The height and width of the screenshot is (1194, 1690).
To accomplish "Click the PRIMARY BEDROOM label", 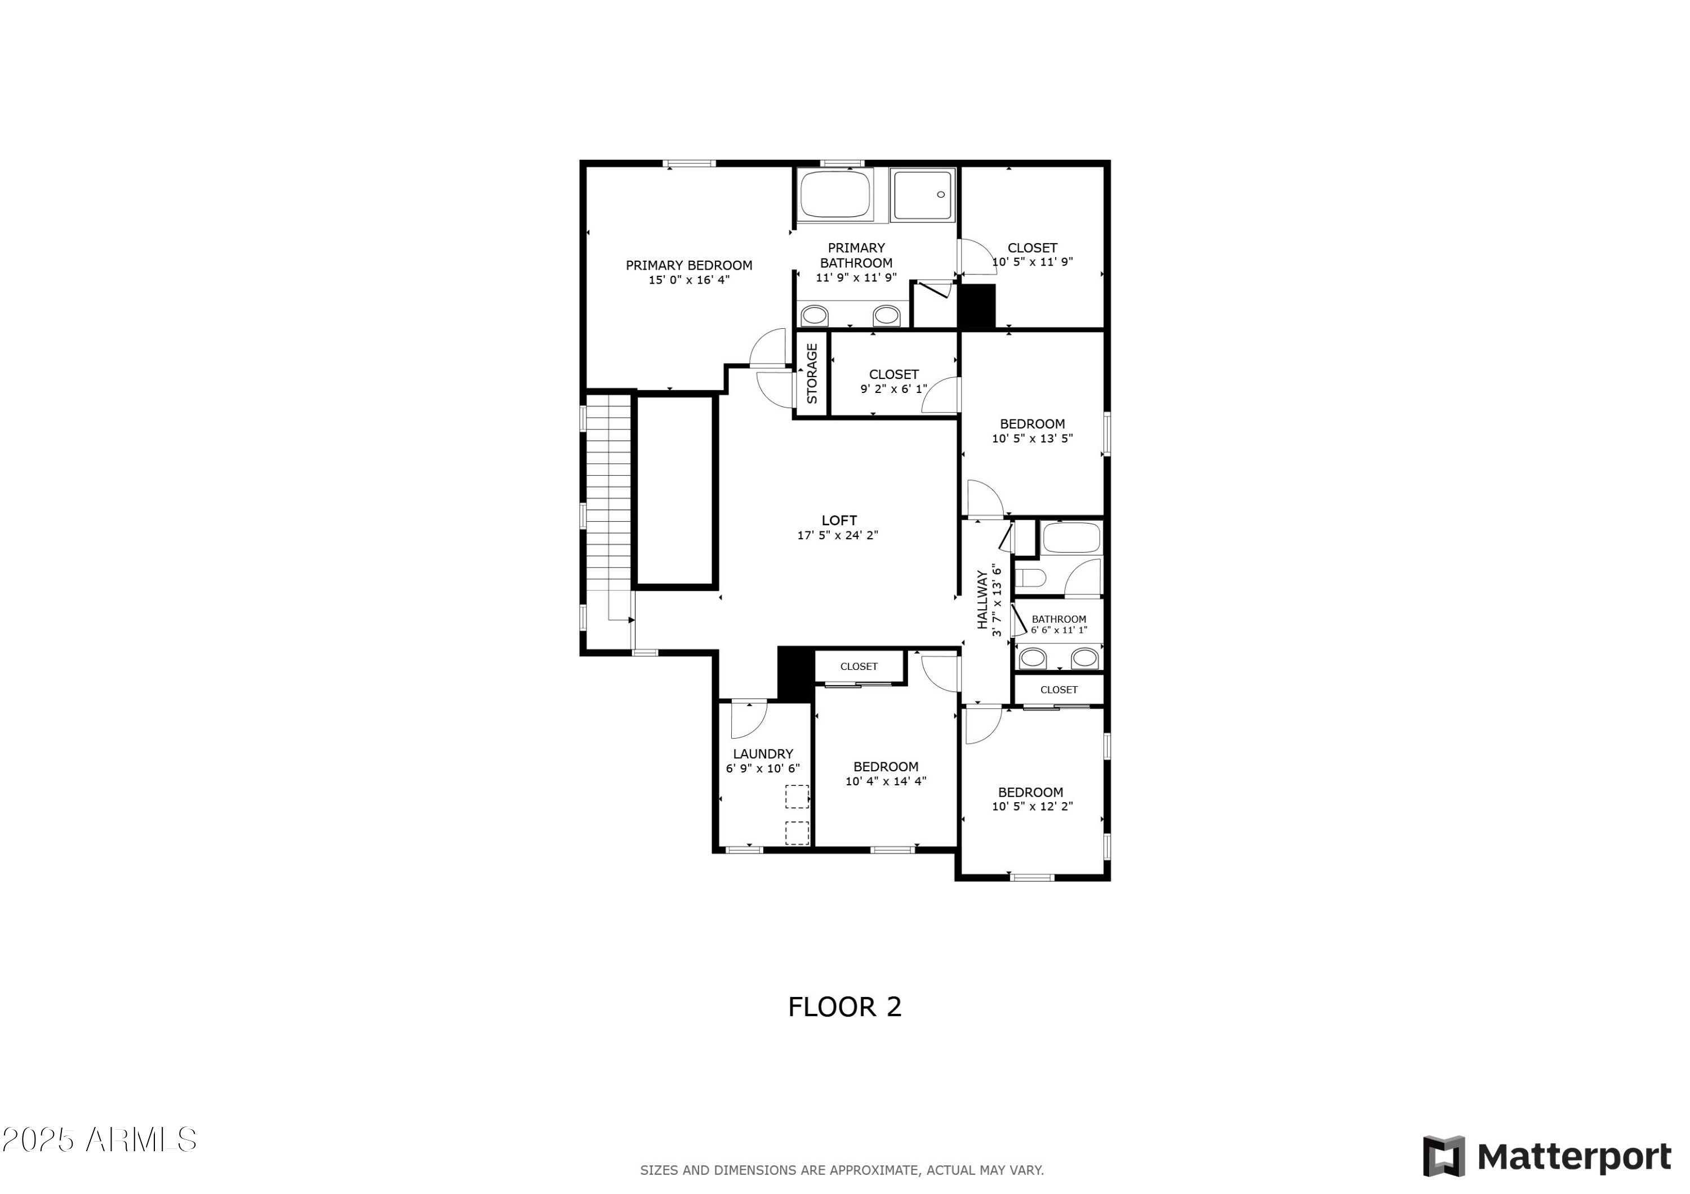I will pos(688,265).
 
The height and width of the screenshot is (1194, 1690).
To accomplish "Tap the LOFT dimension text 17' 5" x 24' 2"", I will pos(838,535).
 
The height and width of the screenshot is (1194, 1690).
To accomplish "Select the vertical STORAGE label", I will pos(812,373).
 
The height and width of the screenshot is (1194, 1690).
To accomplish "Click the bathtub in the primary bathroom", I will pos(835,194).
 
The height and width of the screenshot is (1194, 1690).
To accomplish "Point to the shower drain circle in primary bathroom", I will pos(940,194).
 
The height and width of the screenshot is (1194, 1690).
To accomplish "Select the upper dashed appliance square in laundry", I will pos(797,797).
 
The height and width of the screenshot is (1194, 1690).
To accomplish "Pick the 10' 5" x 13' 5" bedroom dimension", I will pos(1032,439).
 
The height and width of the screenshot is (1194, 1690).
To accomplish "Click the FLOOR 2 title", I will pos(844,1007).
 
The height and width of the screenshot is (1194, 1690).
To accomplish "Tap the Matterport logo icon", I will pos(1443,1156).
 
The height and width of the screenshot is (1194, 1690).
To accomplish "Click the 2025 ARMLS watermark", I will pos(99,1141).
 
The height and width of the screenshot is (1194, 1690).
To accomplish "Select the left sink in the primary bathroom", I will pos(814,316).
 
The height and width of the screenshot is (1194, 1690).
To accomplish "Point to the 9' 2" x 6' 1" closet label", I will pos(893,388).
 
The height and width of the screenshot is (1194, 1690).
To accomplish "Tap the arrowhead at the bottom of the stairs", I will pos(631,620).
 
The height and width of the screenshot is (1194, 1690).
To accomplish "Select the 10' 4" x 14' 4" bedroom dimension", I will pos(886,781).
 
